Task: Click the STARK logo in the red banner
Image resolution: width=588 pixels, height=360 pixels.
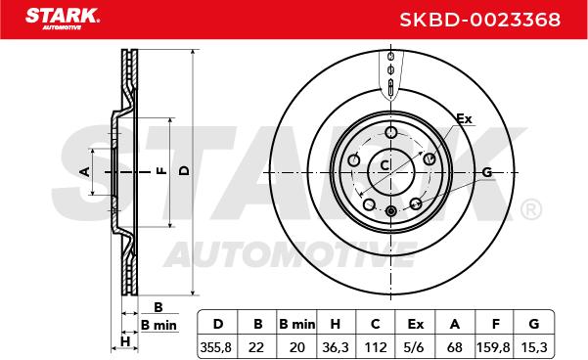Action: tap(63, 19)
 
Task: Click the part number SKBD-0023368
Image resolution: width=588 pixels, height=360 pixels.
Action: tap(480, 20)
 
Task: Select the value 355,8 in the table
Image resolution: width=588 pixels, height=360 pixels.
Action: tap(216, 347)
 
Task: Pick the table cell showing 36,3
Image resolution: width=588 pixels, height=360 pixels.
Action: tap(336, 347)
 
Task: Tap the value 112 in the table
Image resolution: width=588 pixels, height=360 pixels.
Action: tap(376, 347)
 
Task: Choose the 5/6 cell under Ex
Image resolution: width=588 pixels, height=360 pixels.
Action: tap(415, 347)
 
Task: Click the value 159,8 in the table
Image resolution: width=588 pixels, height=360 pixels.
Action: tap(493, 347)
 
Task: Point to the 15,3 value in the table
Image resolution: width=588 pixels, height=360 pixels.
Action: tap(534, 347)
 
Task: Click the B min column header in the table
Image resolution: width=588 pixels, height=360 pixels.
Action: tap(297, 324)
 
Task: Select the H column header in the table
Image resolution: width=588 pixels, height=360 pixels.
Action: tap(336, 324)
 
